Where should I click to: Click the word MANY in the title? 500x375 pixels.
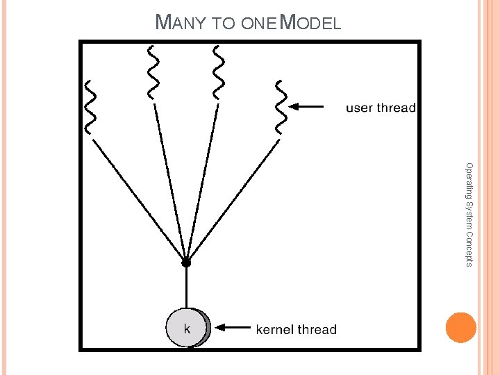(180, 22)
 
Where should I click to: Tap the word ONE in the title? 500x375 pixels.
(260, 24)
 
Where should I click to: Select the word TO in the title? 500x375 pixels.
(224, 24)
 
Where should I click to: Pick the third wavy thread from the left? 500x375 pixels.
(219, 72)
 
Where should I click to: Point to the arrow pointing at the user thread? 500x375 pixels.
(306, 107)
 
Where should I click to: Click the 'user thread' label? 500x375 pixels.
(381, 108)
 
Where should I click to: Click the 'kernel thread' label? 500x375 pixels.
(297, 329)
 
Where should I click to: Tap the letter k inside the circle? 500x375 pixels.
(187, 327)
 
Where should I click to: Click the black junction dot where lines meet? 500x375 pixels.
(186, 262)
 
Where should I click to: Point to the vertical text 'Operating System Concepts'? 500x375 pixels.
(469, 214)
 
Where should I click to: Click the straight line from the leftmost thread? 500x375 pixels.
(139, 199)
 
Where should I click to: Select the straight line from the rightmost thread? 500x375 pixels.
(233, 201)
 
